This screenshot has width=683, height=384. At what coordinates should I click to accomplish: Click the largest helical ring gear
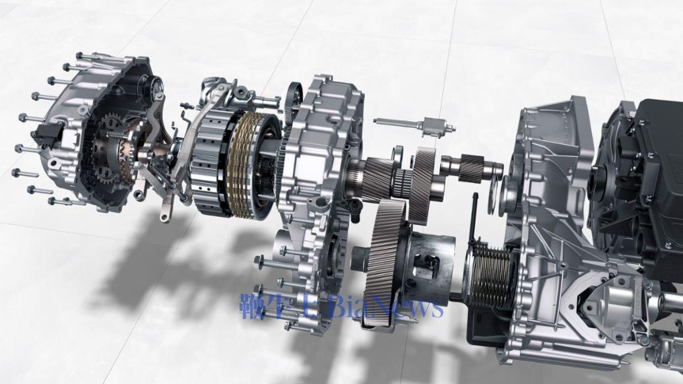(384, 261)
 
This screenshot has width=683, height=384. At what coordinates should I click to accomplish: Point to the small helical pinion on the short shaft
(472, 168)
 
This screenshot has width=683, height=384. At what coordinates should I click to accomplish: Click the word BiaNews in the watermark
(386, 307)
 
